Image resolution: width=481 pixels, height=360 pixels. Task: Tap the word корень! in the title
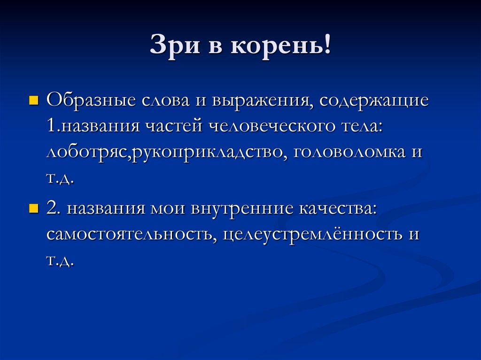coord(280,48)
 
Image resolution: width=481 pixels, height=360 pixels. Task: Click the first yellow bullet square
coord(33,101)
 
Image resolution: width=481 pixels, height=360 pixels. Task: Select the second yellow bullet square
coord(33,208)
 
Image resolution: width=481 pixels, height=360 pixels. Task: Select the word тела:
coord(362,127)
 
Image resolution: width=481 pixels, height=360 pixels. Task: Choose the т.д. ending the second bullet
coord(61,261)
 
